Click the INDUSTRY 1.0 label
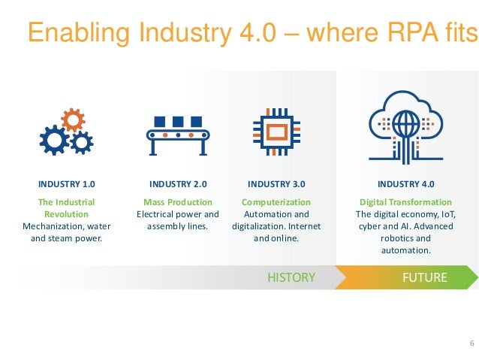(67, 183)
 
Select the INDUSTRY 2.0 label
(178, 183)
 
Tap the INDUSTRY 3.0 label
(276, 183)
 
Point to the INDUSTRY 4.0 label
(405, 183)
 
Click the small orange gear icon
(73, 118)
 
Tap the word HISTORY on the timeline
(291, 277)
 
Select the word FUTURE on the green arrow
(425, 277)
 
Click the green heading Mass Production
(178, 202)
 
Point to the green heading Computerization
(276, 202)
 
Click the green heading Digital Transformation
(405, 202)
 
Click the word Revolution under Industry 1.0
(67, 214)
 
